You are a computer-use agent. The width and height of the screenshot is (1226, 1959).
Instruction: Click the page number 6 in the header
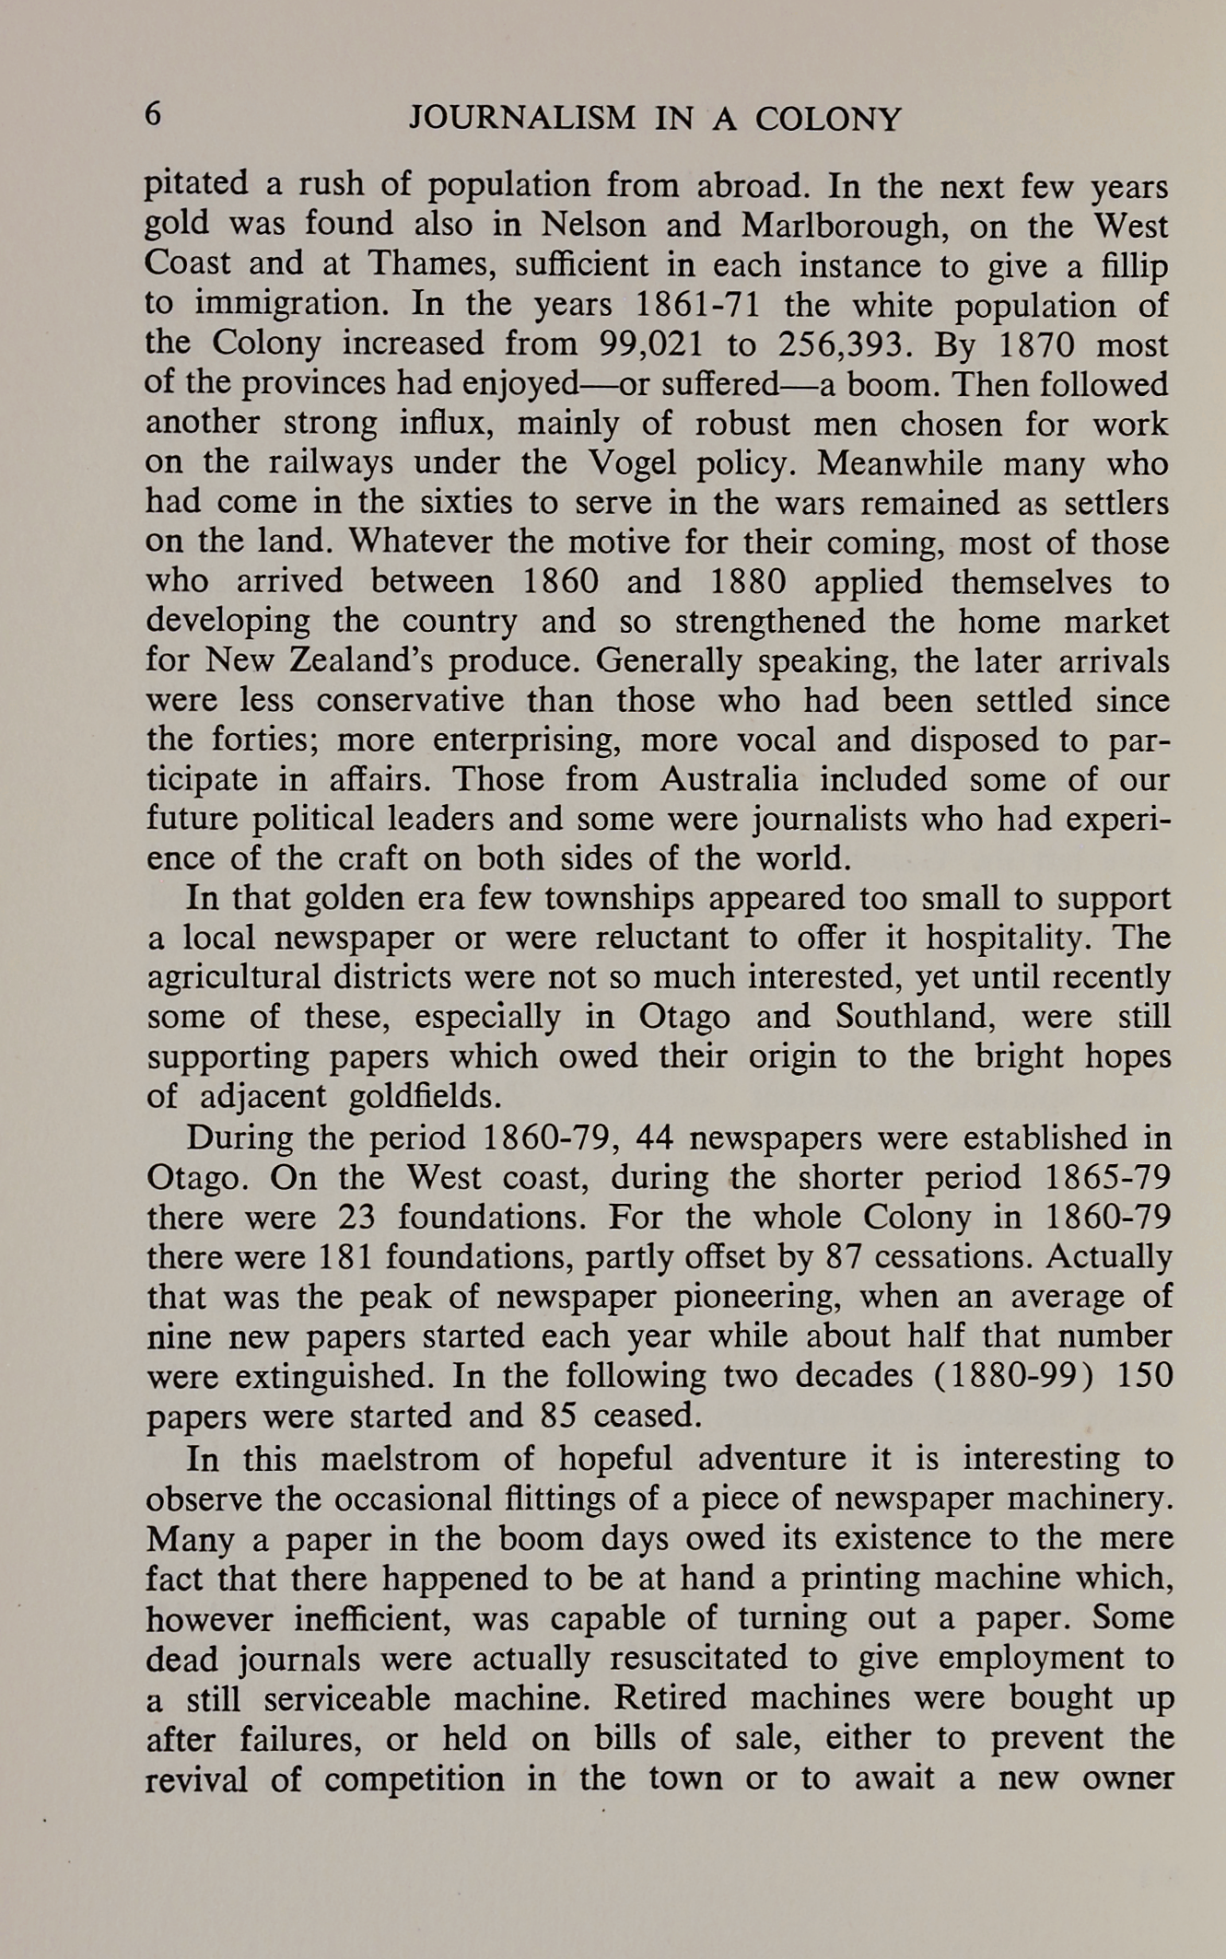154,116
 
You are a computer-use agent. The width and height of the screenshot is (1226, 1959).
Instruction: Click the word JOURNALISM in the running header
522,119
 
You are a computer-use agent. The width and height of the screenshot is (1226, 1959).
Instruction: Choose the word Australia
729,779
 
